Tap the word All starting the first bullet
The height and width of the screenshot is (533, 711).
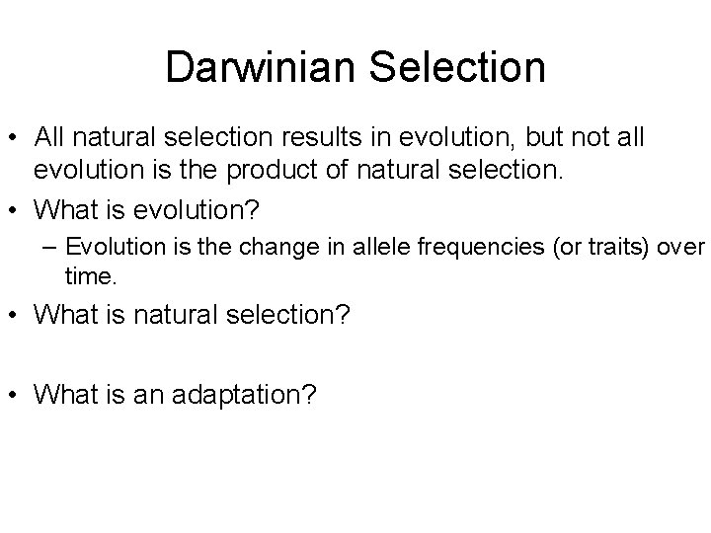pos(48,138)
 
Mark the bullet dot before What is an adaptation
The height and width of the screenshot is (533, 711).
pos(16,395)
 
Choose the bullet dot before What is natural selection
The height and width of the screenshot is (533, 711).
pos(16,315)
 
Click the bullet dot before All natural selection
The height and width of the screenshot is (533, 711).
pos(16,138)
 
